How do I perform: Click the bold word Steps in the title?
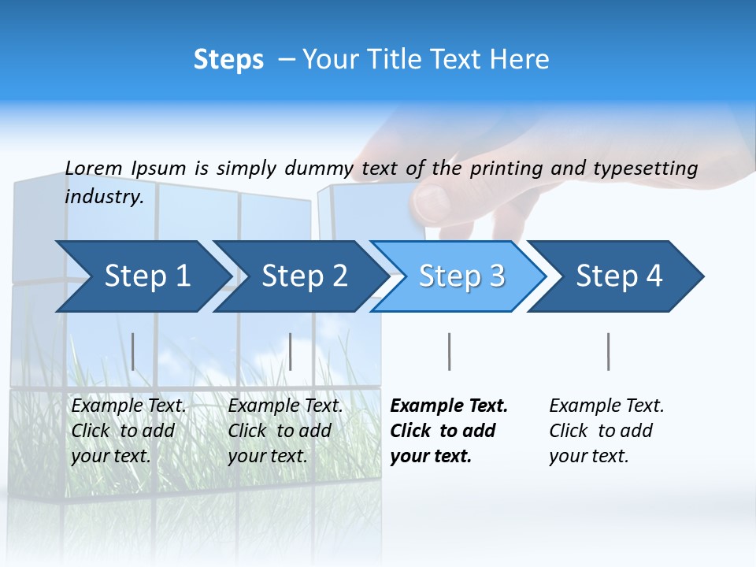click(228, 60)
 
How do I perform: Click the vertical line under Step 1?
click(133, 351)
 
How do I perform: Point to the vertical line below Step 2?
click(291, 351)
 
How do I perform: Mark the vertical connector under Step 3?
click(449, 351)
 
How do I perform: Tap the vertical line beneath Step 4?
click(608, 351)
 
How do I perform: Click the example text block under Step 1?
click(128, 431)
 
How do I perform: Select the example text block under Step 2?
click(285, 431)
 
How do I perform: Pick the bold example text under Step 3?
click(449, 431)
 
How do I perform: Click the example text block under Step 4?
click(606, 431)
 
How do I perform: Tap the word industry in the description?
click(103, 197)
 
